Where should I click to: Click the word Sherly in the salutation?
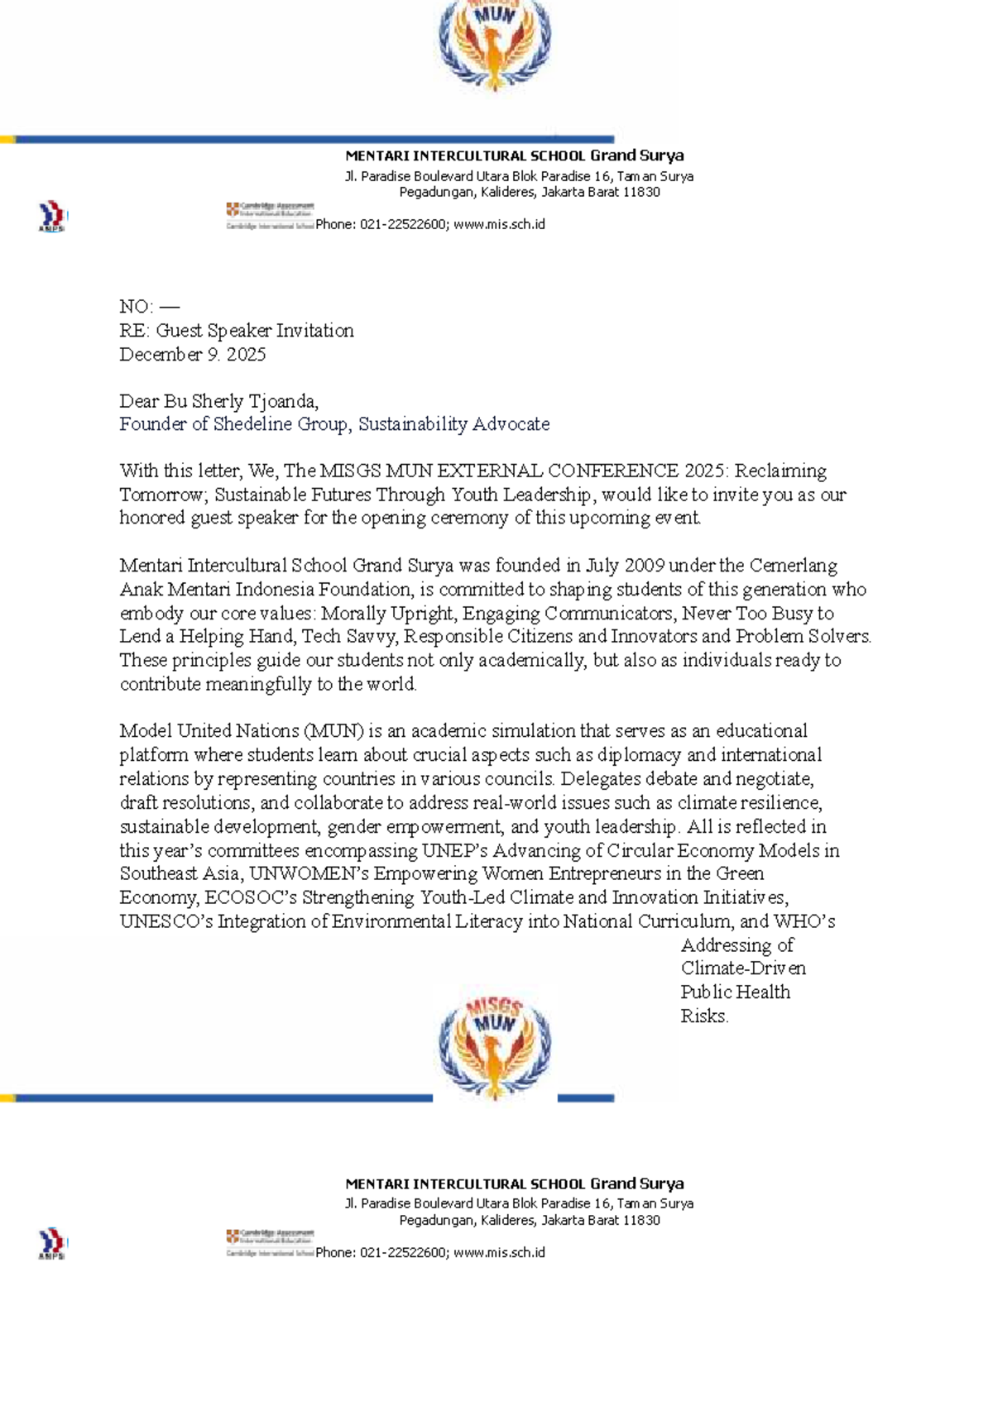pyautogui.click(x=218, y=402)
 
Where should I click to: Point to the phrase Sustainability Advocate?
pyautogui.click(x=453, y=424)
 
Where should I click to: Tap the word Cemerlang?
pyautogui.click(x=794, y=566)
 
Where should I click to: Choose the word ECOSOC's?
pyautogui.click(x=251, y=898)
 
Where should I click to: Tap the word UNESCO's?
pyautogui.click(x=165, y=922)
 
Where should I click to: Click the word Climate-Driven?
pyautogui.click(x=743, y=968)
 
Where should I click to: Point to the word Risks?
pyautogui.click(x=704, y=1016)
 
